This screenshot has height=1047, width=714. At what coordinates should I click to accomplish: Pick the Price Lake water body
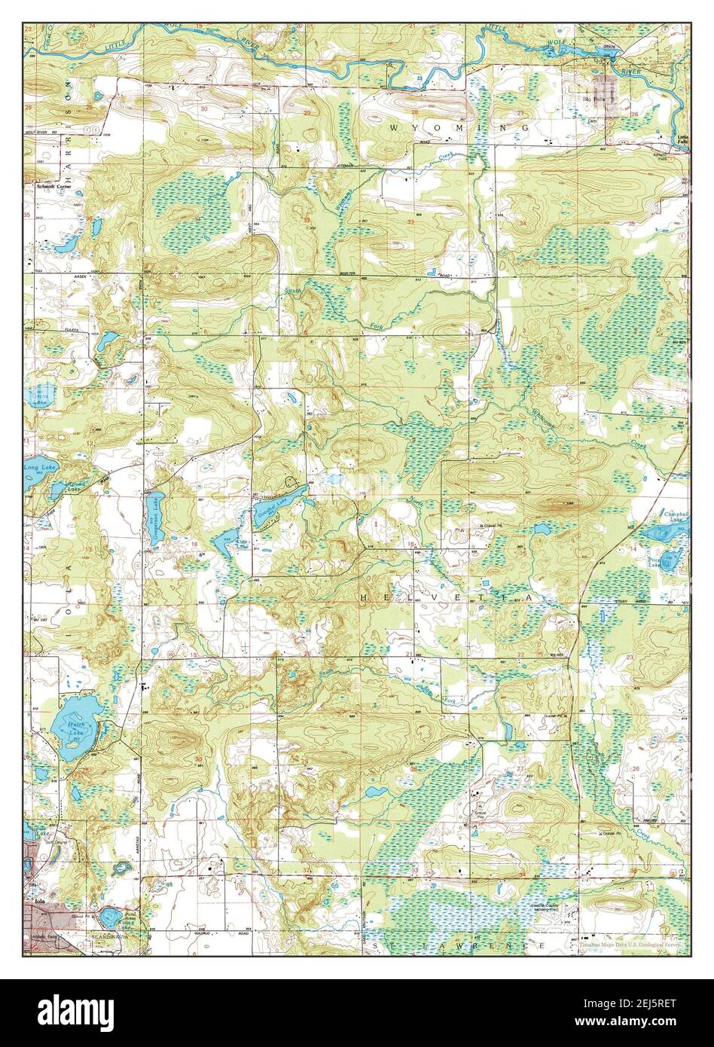click(x=667, y=559)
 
